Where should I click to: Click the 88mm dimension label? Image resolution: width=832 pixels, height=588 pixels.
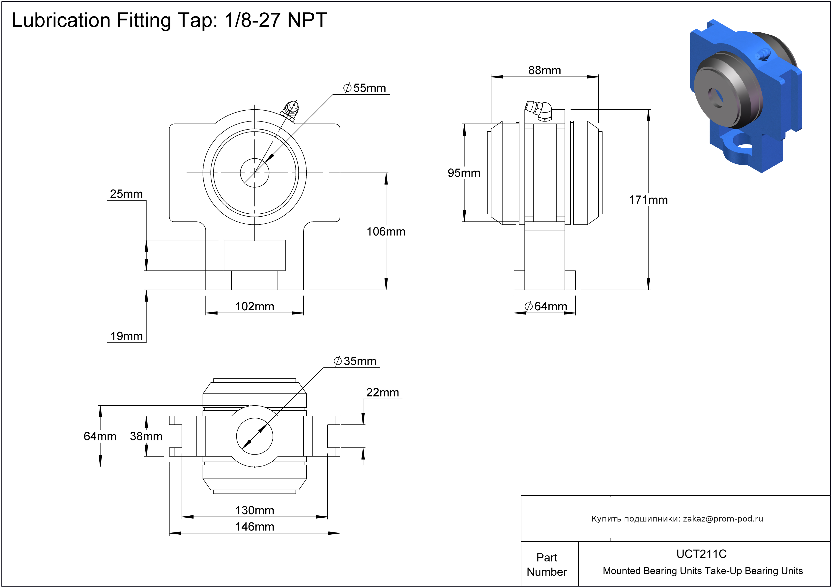[544, 70]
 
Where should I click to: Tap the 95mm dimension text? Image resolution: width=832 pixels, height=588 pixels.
[464, 173]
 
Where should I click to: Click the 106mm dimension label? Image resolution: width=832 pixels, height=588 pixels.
[386, 232]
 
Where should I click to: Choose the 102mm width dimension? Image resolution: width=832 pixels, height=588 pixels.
[255, 307]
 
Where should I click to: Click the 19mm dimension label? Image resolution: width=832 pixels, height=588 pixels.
[127, 336]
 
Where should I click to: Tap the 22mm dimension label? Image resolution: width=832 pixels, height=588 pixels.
[382, 393]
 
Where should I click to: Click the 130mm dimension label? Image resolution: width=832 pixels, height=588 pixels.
[255, 511]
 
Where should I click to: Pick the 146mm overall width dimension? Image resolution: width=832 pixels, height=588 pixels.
[255, 527]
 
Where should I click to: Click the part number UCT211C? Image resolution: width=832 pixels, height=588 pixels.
[702, 554]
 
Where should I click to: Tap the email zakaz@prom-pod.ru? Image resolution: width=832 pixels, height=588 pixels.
[723, 519]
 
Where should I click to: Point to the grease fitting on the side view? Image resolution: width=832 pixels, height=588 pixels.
[538, 111]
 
